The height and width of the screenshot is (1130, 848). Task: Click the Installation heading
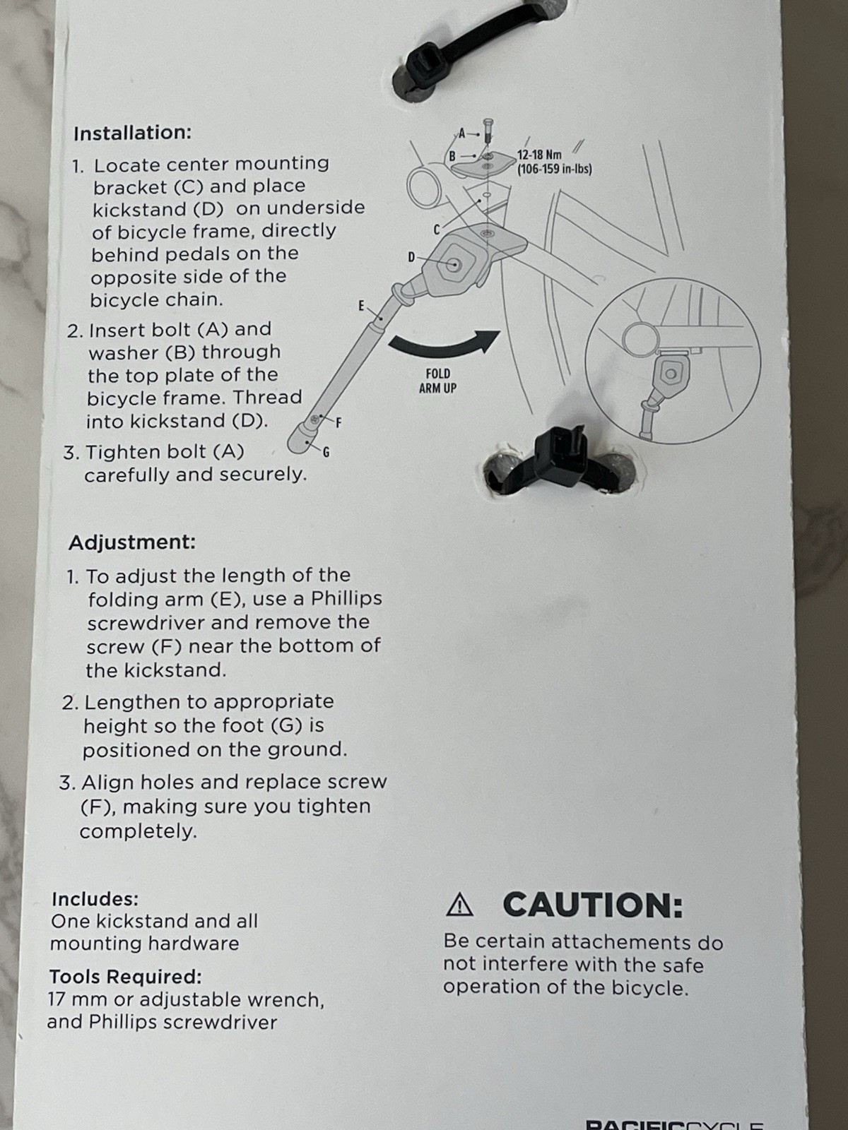pyautogui.click(x=132, y=133)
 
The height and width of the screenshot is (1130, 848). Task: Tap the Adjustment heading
pyautogui.click(x=132, y=542)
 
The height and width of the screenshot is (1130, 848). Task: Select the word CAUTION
pyautogui.click(x=593, y=905)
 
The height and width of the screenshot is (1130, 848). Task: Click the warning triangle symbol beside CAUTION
pyautogui.click(x=460, y=905)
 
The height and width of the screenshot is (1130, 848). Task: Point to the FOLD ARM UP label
pyautogui.click(x=437, y=381)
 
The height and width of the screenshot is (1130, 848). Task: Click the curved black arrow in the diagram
pyautogui.click(x=445, y=343)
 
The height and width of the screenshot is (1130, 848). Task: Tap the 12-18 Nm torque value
pyautogui.click(x=539, y=155)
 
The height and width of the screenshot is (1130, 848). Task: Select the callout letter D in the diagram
pyautogui.click(x=411, y=257)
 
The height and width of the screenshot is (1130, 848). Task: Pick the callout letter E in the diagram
pyautogui.click(x=361, y=305)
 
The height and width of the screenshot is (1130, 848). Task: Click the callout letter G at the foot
pyautogui.click(x=326, y=452)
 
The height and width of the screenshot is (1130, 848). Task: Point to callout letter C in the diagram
pyautogui.click(x=437, y=229)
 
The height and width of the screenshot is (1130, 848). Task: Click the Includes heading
pyautogui.click(x=95, y=899)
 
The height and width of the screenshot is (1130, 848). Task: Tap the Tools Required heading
pyautogui.click(x=125, y=977)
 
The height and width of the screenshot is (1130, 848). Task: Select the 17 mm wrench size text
pyautogui.click(x=73, y=999)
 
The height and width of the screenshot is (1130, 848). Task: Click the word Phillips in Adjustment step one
pyautogui.click(x=346, y=598)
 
